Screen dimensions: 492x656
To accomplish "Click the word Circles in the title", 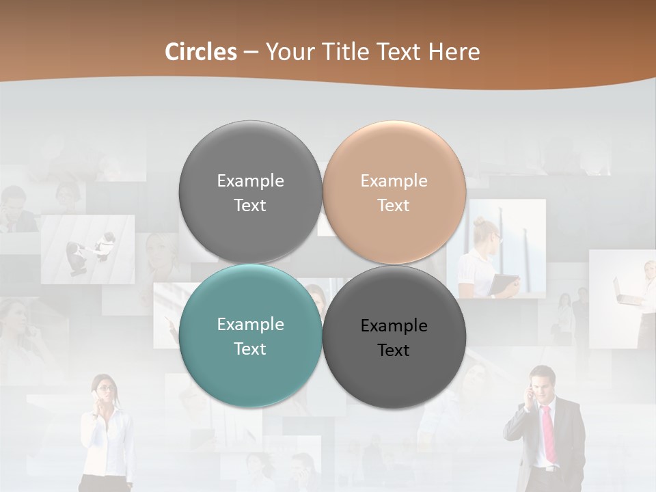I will tap(200, 52).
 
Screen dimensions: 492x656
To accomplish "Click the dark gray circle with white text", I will tap(250, 192).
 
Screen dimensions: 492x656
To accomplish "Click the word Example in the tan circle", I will tap(394, 181).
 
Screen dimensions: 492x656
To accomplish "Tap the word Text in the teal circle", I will tap(250, 348).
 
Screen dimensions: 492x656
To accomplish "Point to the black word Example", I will tap(394, 326).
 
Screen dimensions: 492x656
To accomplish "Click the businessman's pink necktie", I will tap(549, 434).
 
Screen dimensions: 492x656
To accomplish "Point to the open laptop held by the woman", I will tap(625, 294).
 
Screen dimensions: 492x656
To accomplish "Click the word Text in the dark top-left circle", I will tap(250, 205).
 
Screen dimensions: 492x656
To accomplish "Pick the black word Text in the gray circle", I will tap(394, 350).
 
